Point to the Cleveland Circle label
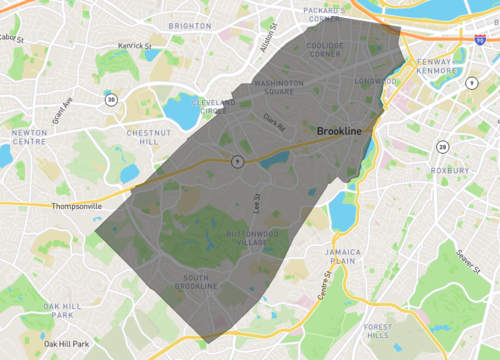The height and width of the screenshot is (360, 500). point(212,107)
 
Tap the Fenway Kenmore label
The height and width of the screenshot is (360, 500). point(435,66)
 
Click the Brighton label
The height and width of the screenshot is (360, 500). point(190,26)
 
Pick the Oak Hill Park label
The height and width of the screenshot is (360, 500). point(66,309)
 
